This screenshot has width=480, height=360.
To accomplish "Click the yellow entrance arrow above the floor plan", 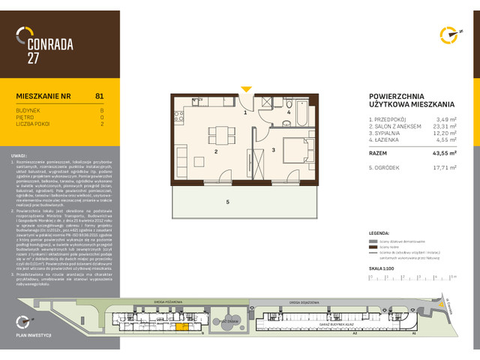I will point(247,88).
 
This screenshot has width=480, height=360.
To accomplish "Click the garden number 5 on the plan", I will point(228,202).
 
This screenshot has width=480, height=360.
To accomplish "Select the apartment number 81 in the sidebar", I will point(100,96).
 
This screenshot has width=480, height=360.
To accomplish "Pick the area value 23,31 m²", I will point(448,126).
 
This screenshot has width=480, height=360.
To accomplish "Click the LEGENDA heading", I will point(379,232).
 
